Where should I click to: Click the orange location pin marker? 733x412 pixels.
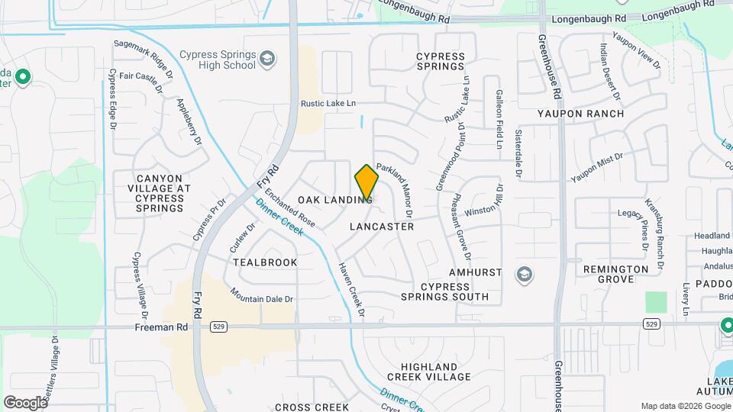click(366, 182)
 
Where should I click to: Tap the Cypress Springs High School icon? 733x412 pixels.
click(266, 59)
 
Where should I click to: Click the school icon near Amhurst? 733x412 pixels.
click(524, 274)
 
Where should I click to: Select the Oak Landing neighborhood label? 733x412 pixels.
click(334, 200)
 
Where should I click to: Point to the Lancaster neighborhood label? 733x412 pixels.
click(382, 227)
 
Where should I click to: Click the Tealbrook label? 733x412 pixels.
click(265, 262)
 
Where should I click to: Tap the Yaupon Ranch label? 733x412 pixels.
click(580, 114)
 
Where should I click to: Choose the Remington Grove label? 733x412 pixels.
click(615, 274)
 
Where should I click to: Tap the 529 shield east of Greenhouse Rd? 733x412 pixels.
click(651, 324)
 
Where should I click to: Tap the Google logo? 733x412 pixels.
click(25, 402)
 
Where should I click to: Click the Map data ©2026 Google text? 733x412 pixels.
click(684, 406)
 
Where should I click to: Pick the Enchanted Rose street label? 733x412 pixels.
click(291, 209)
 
